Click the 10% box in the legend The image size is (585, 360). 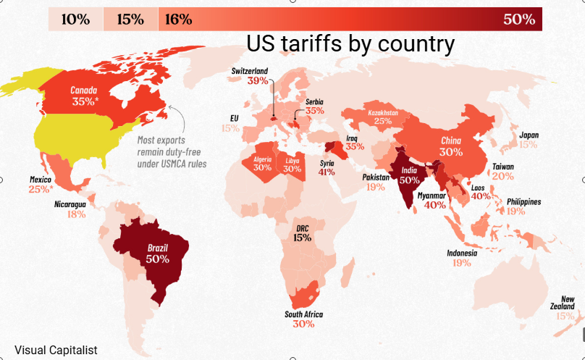point(76,19)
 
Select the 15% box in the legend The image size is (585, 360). point(130,19)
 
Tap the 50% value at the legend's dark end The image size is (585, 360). point(519,20)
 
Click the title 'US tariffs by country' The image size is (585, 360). point(350,43)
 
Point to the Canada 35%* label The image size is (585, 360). point(84,96)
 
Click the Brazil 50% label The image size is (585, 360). point(157,254)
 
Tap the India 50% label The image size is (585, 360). point(409,175)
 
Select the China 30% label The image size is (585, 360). point(451,146)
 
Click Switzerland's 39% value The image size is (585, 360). point(258,80)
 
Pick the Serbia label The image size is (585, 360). point(314,101)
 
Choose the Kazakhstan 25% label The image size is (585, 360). point(383,117)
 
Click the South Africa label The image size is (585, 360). point(303,314)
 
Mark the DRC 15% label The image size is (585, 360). point(302,233)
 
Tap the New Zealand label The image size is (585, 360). point(563,303)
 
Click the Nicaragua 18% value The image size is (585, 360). point(77,214)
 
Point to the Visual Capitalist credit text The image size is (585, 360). point(56,351)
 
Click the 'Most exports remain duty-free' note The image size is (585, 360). point(172,152)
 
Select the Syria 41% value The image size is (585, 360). point(327,172)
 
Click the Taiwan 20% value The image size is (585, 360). point(503,176)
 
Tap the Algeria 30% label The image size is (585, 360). point(263,164)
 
